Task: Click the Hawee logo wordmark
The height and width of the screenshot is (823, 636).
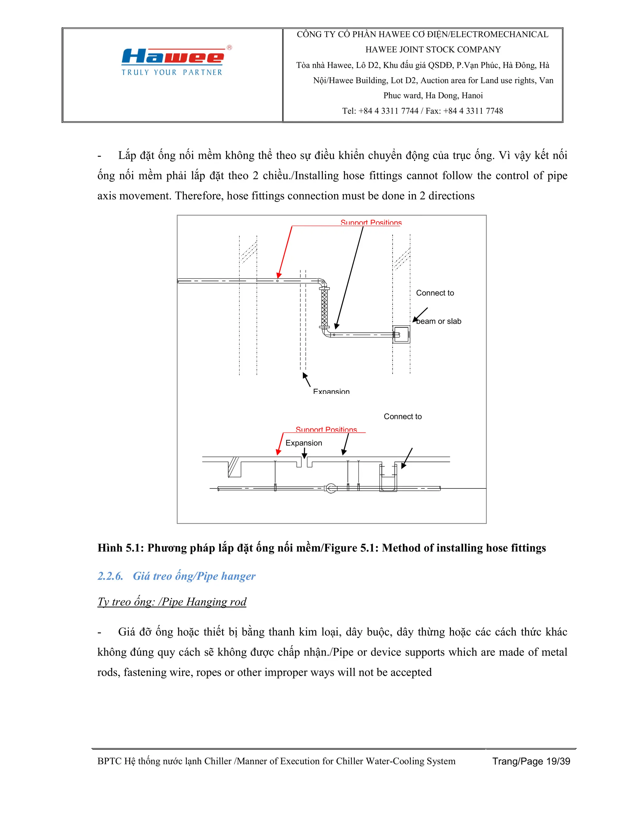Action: [173, 57]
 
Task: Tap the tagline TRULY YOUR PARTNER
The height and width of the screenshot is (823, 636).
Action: [172, 72]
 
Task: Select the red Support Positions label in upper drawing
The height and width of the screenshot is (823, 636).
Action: [371, 223]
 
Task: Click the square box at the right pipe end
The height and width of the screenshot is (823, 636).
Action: [401, 334]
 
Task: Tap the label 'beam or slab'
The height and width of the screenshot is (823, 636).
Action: [439, 321]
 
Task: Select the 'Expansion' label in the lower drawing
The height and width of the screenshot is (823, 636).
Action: [304, 443]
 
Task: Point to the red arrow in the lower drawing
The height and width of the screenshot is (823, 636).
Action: [280, 444]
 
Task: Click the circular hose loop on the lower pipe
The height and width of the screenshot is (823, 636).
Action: [330, 489]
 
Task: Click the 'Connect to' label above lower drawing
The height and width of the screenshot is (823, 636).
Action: [402, 416]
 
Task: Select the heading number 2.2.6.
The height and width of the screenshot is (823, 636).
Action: [110, 576]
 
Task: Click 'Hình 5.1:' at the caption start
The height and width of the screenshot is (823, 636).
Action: [120, 548]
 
